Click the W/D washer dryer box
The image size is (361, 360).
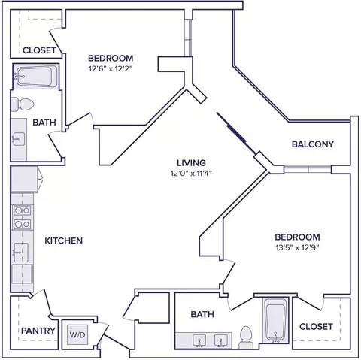[x=77, y=334]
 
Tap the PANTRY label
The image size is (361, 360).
[x=38, y=331]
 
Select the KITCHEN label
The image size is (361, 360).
[x=64, y=241]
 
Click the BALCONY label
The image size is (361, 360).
[x=313, y=144]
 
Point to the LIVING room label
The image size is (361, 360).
[x=191, y=163]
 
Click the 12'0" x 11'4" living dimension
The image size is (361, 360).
[x=192, y=174]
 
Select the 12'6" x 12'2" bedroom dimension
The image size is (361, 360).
[x=111, y=68]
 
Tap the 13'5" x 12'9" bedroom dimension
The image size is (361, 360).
[x=297, y=247]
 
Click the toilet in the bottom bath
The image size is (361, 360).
[x=246, y=337]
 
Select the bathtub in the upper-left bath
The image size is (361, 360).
[x=36, y=77]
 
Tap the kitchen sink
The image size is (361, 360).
[x=20, y=253]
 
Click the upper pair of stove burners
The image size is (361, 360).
[x=23, y=210]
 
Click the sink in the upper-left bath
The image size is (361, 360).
[x=19, y=139]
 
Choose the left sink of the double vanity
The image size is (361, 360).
[x=199, y=340]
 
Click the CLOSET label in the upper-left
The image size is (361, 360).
[x=39, y=50]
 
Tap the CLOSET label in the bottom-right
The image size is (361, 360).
[x=317, y=327]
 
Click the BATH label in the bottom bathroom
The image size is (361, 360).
[x=202, y=314]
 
